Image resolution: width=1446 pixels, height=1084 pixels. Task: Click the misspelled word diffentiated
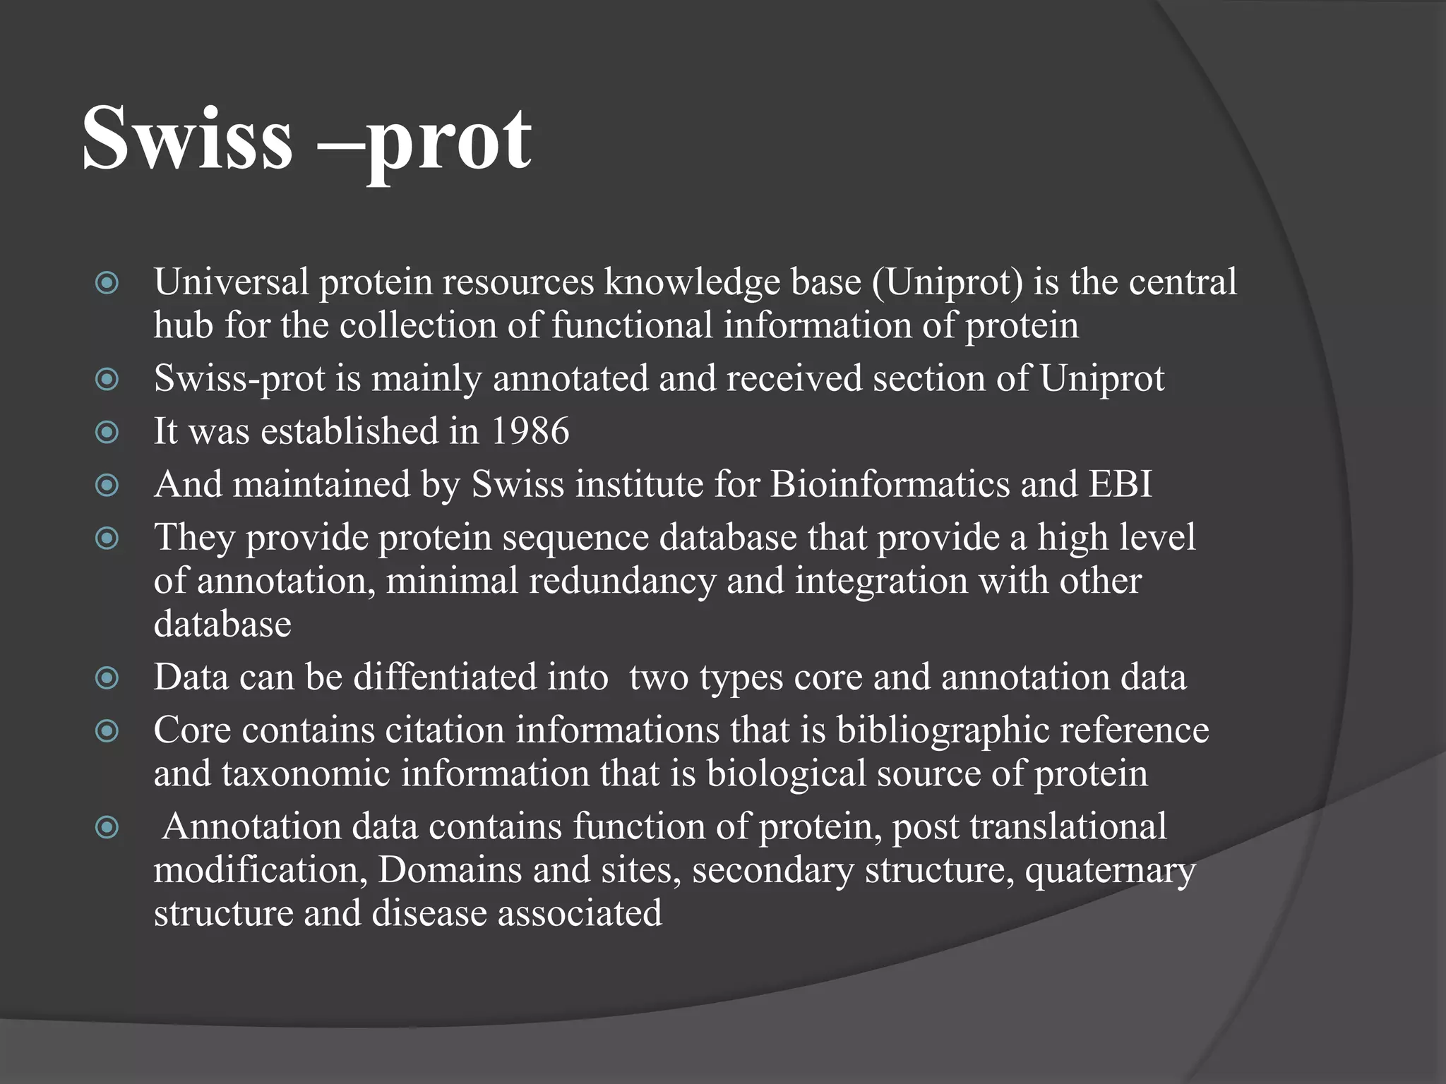pyautogui.click(x=480, y=677)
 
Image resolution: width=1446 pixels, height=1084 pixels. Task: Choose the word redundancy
pyautogui.click(x=622, y=581)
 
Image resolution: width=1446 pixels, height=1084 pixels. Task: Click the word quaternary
pyautogui.click(x=1110, y=870)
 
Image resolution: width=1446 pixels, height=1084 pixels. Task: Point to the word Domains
pyautogui.click(x=450, y=869)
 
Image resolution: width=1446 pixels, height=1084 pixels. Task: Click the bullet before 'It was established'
pyautogui.click(x=107, y=431)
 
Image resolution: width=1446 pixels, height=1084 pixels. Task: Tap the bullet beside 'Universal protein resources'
pyautogui.click(x=107, y=283)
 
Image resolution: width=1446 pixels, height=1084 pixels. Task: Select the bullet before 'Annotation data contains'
pyautogui.click(x=107, y=826)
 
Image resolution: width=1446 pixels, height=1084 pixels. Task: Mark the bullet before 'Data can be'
pyautogui.click(x=107, y=677)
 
